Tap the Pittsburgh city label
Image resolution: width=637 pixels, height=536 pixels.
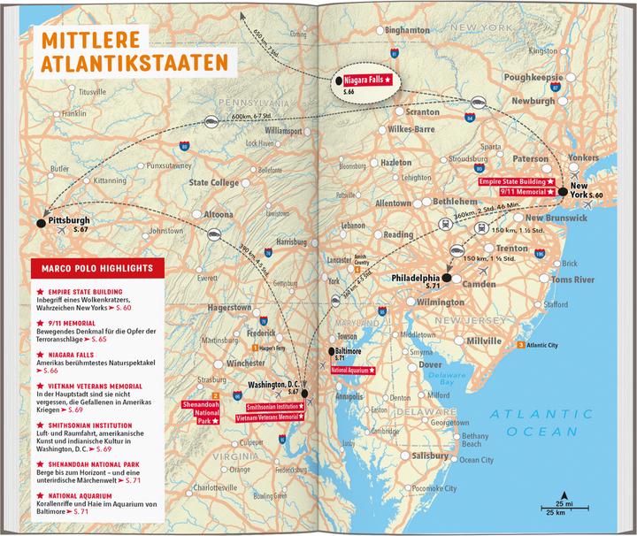click(x=71, y=221)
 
